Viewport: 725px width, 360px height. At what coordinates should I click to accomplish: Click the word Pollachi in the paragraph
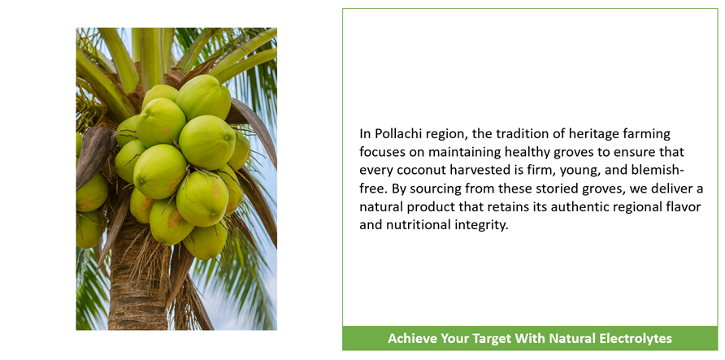point(393,134)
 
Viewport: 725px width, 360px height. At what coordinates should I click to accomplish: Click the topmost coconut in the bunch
point(203,97)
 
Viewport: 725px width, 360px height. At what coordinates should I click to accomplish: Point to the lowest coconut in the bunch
point(206,241)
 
